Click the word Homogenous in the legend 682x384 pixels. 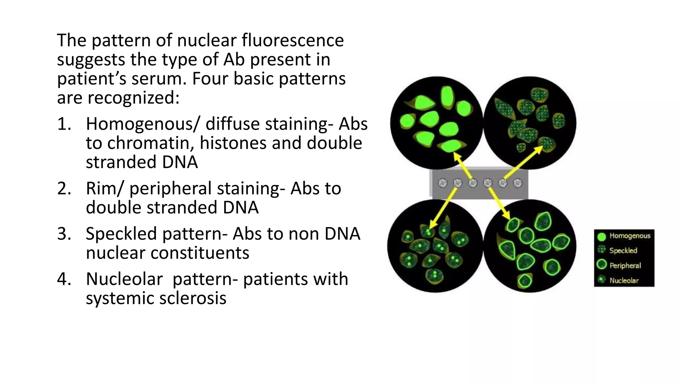[x=630, y=236]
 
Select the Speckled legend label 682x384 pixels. [x=623, y=251]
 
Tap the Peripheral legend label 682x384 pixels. [x=625, y=266]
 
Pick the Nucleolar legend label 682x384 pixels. [x=624, y=281]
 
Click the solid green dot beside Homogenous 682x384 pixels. [x=601, y=237]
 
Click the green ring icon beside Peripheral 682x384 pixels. [x=601, y=265]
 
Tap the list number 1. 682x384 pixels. [x=64, y=124]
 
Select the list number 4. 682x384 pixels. [x=64, y=279]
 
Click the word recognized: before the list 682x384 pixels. [x=133, y=98]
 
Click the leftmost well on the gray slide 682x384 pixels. [x=443, y=183]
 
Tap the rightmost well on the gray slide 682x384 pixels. [x=517, y=183]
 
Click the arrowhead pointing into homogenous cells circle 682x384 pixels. [x=456, y=156]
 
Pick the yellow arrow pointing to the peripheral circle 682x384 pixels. [x=499, y=203]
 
